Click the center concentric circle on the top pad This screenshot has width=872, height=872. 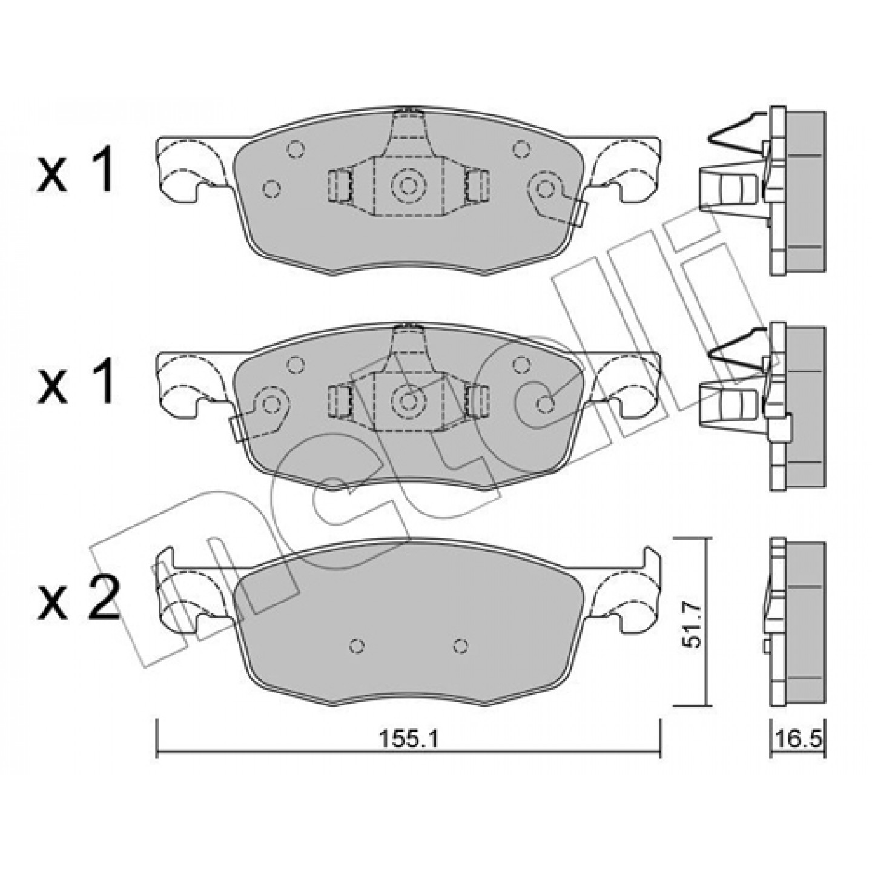pos(408,185)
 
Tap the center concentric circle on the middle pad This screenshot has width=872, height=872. pos(408,400)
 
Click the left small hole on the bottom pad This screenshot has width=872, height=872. pos(357,646)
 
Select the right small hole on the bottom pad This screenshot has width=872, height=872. pos(460,646)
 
